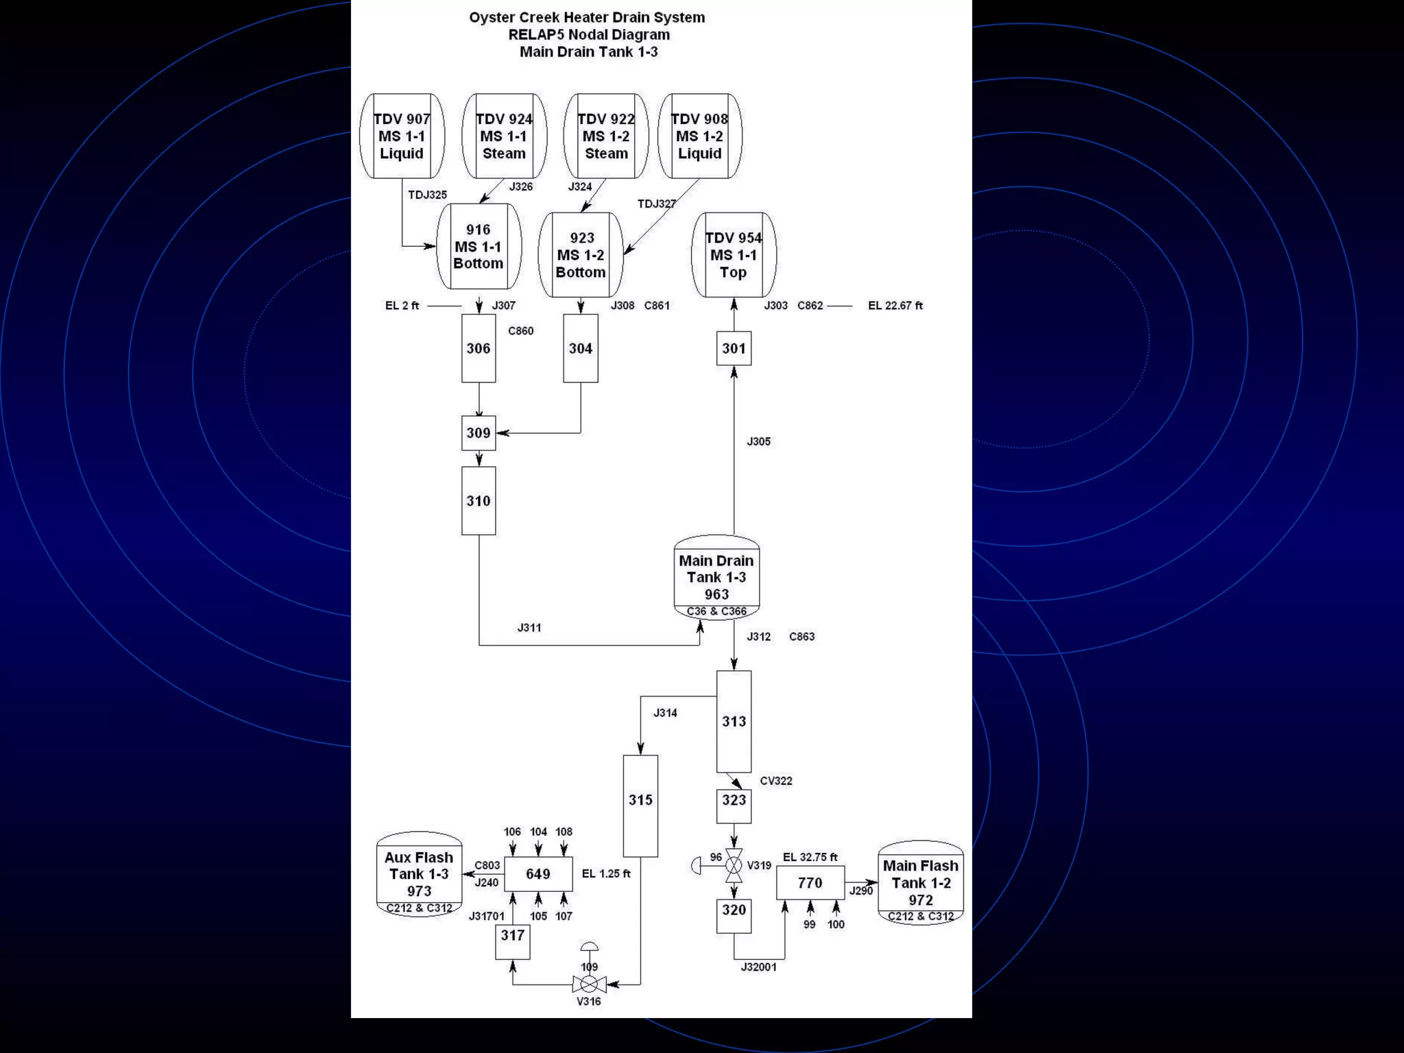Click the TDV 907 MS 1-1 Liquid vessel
point(402,136)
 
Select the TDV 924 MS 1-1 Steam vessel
point(504,136)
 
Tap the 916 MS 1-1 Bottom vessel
point(479,247)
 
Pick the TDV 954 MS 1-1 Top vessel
point(734,255)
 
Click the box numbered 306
point(479,348)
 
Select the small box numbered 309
point(479,433)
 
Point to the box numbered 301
point(734,348)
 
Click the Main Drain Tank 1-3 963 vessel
point(716,577)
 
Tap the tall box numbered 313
point(734,721)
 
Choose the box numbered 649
point(538,874)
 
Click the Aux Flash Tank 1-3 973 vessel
point(419,875)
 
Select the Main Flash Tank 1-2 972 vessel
point(921,883)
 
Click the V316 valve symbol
point(589,985)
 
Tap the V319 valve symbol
point(734,866)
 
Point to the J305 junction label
point(759,441)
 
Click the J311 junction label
point(529,627)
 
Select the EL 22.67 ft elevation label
point(895,306)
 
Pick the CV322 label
point(776,781)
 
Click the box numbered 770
point(810,883)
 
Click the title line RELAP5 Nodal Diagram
point(589,35)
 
